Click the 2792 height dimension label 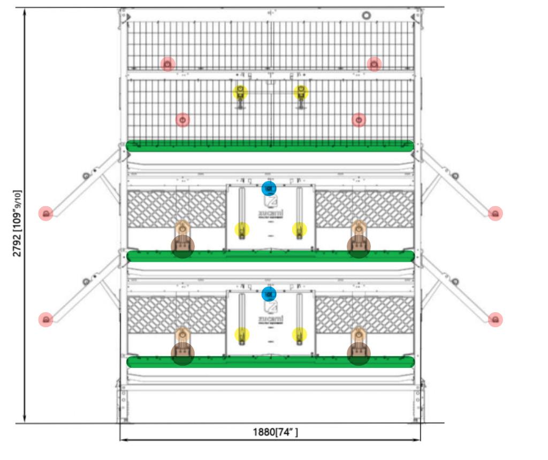tap(18, 223)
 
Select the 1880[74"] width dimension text tap(276, 432)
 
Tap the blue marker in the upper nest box tap(269, 188)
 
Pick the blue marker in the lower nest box tap(269, 293)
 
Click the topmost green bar tap(270, 146)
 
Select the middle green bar tap(270, 256)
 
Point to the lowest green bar tap(270, 361)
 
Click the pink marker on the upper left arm tap(46, 214)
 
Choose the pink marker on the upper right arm tap(496, 214)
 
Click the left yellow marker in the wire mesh tap(240, 92)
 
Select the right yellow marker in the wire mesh tap(301, 92)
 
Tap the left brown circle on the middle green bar tap(182, 247)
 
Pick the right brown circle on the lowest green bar tap(359, 354)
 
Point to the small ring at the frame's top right tap(367, 16)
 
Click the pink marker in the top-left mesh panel tap(168, 64)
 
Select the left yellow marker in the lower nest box tap(242, 335)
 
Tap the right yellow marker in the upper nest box tap(300, 230)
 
